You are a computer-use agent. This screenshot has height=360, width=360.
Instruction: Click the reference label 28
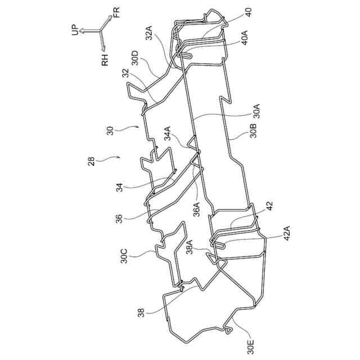click(x=91, y=161)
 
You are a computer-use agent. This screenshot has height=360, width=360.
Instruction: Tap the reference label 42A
click(x=288, y=233)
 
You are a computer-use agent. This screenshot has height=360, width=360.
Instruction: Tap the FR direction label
click(x=115, y=13)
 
